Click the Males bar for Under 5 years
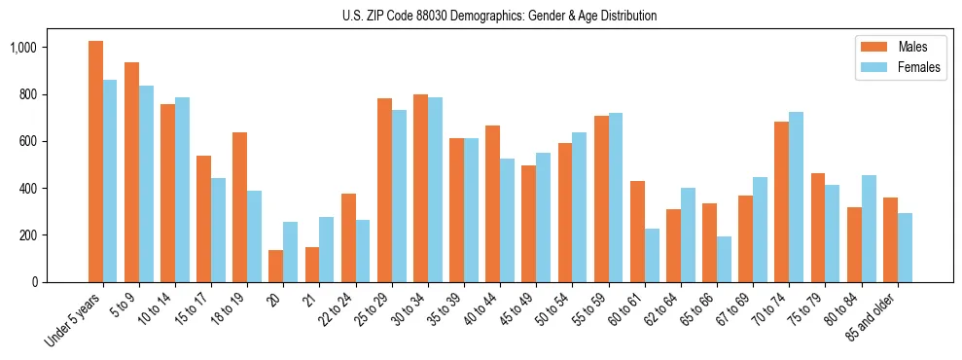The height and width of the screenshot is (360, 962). [95, 162]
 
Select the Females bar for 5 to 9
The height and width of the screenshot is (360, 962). [146, 184]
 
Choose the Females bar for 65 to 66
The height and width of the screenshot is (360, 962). [725, 259]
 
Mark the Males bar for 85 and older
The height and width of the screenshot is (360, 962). [891, 239]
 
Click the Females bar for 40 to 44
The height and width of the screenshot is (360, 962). [508, 220]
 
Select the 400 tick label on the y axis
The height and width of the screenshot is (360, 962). [26, 188]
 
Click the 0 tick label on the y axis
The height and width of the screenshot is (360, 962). [34, 282]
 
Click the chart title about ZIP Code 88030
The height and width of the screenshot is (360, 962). [500, 16]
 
